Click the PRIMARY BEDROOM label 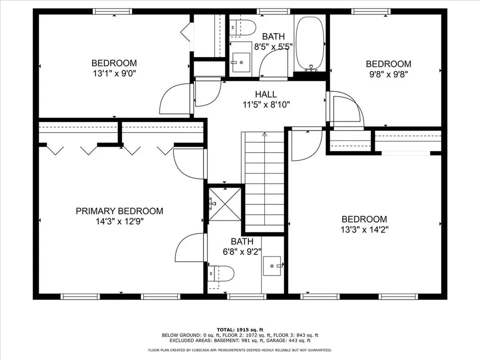click(x=120, y=211)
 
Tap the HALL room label click(x=266, y=94)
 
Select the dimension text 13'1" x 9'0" click(x=114, y=73)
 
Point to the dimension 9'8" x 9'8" click(x=388, y=74)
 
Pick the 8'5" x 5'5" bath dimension click(x=274, y=47)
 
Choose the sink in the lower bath click(x=272, y=266)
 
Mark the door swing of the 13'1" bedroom click(x=174, y=99)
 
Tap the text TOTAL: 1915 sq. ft click(x=240, y=330)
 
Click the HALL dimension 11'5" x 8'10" click(x=266, y=105)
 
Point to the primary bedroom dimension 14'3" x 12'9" click(x=120, y=221)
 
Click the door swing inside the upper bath click(x=273, y=63)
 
